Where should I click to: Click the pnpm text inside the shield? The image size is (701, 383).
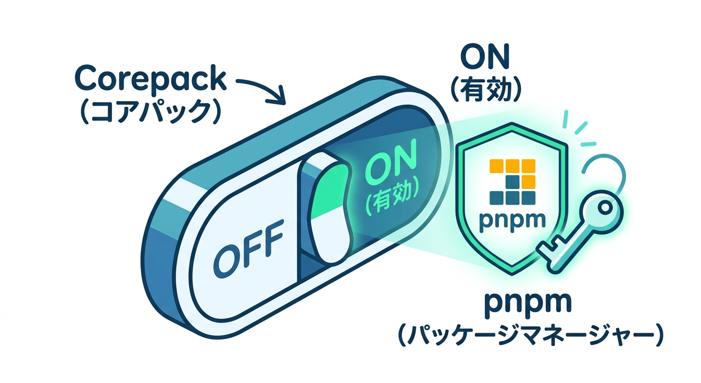tap(512, 220)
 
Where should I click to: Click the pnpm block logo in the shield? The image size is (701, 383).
tap(512, 182)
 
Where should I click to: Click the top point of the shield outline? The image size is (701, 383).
tap(512, 123)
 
